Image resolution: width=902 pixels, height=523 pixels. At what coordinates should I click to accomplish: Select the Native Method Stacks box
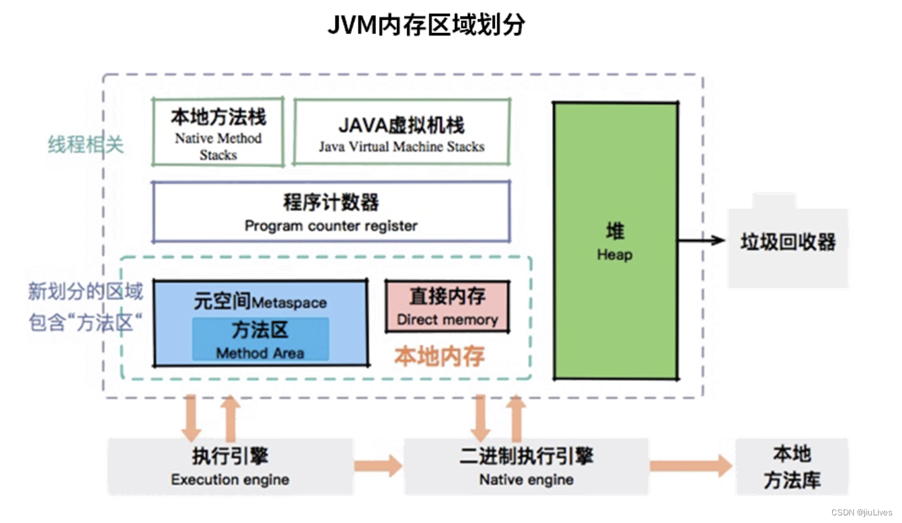point(218,132)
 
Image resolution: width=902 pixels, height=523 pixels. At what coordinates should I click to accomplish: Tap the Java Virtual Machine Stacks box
point(401,132)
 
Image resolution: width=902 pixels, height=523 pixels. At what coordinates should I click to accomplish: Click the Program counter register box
point(331,212)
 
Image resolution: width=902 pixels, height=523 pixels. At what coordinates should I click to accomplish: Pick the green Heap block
point(615,241)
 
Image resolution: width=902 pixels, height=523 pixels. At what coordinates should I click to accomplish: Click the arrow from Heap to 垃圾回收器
point(701,240)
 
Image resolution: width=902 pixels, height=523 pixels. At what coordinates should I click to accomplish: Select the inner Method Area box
point(260,340)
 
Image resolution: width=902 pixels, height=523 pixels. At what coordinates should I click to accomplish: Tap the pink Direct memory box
point(447,307)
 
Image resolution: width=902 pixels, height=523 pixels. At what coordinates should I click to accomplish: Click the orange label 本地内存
point(440,356)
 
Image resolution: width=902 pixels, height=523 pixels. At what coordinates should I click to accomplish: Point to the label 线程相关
point(86,145)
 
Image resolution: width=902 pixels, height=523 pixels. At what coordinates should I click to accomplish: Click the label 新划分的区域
point(86,291)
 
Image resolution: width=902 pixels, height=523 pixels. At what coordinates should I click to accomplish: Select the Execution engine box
point(230,467)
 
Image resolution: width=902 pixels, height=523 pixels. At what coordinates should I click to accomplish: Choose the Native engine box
point(526,467)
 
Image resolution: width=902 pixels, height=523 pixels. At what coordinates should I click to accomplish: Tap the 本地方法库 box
point(791,467)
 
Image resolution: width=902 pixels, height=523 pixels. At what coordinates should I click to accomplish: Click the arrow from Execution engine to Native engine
point(378,467)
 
